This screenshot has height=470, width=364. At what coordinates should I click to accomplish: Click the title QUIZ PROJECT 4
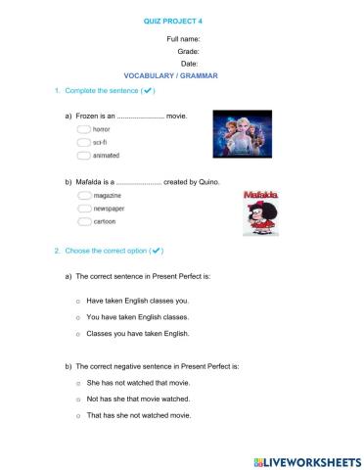coord(182,19)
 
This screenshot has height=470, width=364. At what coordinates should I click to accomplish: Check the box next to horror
coord(83,129)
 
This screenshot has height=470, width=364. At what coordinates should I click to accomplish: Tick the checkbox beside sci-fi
coord(83,142)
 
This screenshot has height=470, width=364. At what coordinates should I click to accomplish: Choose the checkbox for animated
coord(83,155)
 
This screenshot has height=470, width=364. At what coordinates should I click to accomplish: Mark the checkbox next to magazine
coord(83,196)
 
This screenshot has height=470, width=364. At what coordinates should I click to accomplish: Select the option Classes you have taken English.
coord(137,334)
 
